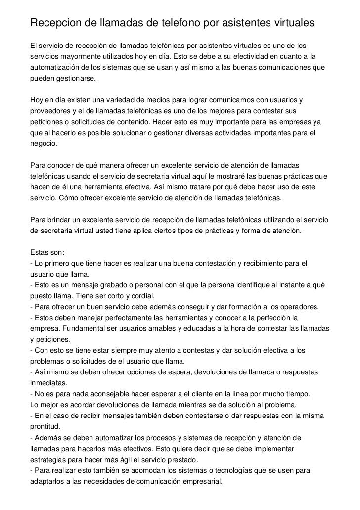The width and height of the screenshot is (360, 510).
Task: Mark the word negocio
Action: tap(44, 144)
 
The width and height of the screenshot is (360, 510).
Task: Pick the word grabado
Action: tap(114, 286)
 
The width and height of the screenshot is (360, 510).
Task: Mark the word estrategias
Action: tap(48, 460)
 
